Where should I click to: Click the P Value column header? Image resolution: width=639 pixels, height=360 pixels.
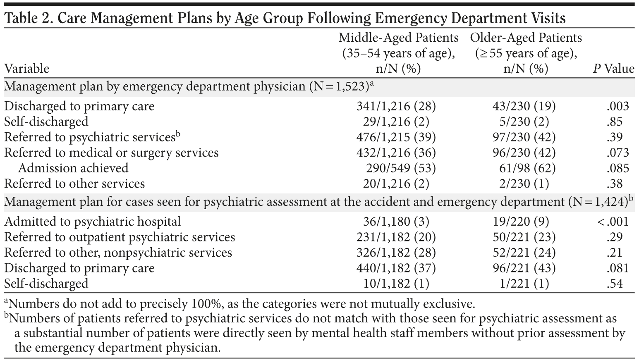[x=613, y=69]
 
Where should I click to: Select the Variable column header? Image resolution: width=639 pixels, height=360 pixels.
[x=27, y=69]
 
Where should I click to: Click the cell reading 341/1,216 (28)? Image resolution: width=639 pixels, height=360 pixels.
[x=396, y=106]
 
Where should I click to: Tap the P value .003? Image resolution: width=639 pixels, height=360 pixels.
[x=617, y=106]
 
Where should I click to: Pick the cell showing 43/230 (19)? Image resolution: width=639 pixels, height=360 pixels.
[x=525, y=106]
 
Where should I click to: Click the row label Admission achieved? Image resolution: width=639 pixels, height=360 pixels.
[x=73, y=168]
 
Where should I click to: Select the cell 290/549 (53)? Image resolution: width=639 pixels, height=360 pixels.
[x=401, y=168]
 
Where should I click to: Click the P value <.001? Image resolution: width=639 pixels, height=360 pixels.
[x=613, y=222]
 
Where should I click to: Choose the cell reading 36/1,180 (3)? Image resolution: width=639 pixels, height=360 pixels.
[x=396, y=222]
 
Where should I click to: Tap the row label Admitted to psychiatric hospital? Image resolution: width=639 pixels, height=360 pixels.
[x=93, y=222]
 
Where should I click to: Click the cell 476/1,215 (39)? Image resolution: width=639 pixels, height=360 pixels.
[x=396, y=137]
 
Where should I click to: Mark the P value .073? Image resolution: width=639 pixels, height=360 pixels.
[x=617, y=153]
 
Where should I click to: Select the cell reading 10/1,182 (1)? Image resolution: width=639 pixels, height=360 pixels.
[x=396, y=284]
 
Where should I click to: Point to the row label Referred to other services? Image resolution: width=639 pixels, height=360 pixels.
[x=74, y=184]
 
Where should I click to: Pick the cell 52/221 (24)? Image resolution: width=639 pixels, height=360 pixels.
[x=525, y=253]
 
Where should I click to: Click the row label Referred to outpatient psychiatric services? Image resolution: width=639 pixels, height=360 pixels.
[x=120, y=237]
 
